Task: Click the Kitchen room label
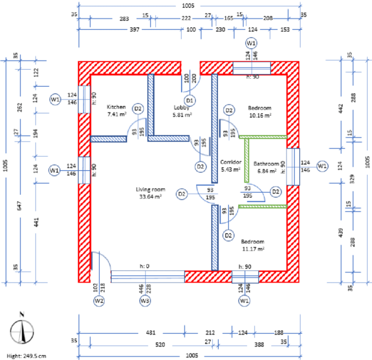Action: coord(116,107)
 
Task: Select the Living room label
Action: coord(151,189)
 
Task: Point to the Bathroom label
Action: coord(266,164)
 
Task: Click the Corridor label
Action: coord(231,162)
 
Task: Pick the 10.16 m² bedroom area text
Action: coord(260,115)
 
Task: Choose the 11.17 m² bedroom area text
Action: coord(253,248)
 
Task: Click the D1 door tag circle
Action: coord(190,100)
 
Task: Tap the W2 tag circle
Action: coord(99,301)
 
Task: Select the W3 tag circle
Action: coord(145,301)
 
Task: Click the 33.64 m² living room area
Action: coord(151,196)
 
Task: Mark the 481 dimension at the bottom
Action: coord(151,333)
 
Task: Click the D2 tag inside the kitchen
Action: coord(138,109)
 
